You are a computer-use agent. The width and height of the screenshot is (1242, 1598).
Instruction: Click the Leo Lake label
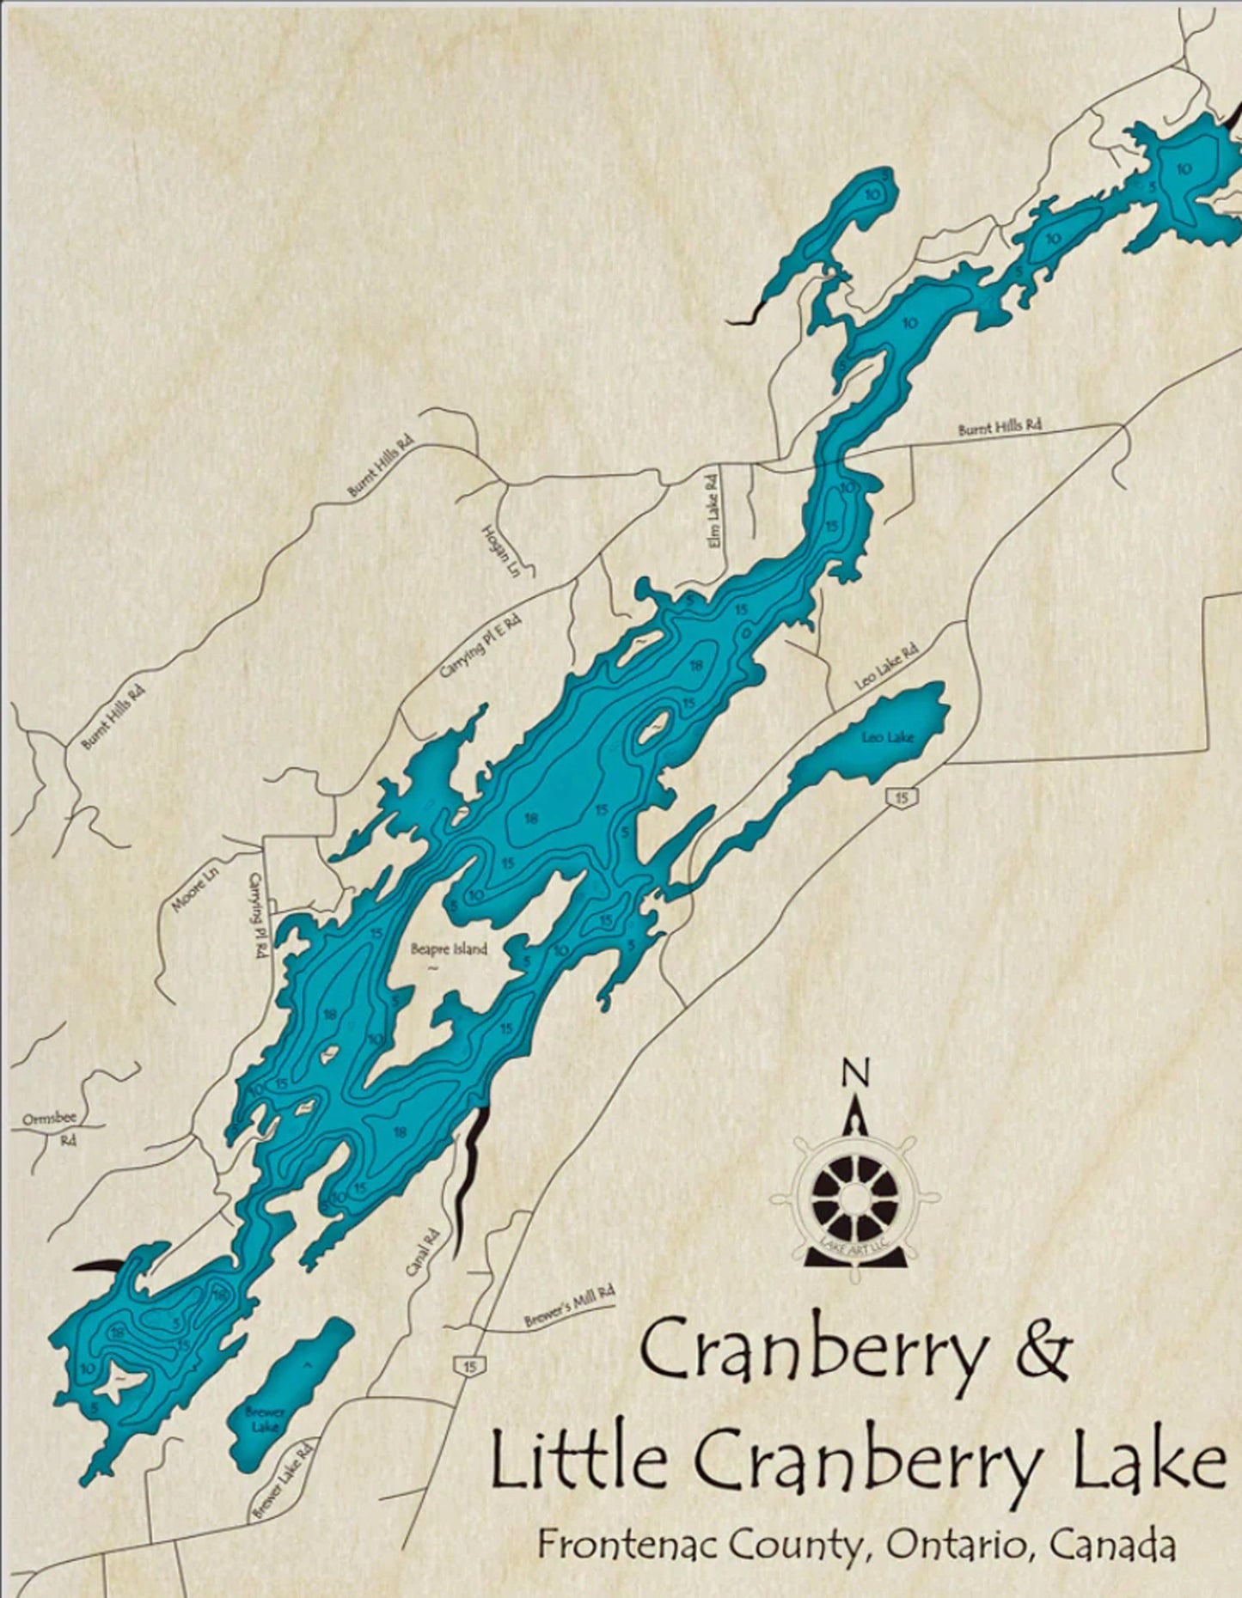(888, 737)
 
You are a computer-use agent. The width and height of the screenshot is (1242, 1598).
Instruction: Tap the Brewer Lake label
(264, 1419)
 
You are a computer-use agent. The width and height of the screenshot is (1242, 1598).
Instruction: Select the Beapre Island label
(448, 948)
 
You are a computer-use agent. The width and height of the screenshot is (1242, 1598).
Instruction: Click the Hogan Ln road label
(491, 550)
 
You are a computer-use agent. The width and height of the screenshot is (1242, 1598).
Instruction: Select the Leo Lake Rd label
(886, 668)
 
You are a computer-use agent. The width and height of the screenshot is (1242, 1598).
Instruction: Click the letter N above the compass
(854, 1074)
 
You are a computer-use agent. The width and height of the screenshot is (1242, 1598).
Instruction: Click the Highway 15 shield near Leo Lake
(900, 798)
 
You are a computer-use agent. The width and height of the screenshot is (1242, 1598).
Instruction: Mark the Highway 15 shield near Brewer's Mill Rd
(468, 1366)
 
